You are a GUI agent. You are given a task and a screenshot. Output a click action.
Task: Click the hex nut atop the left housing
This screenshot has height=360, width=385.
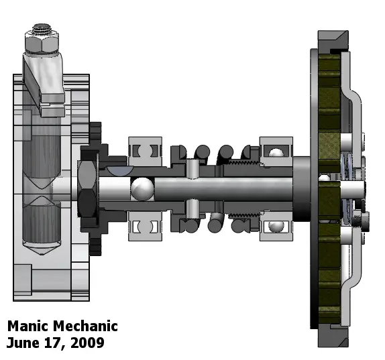[x=42, y=43]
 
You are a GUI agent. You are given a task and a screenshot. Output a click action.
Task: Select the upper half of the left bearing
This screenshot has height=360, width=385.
[x=145, y=152]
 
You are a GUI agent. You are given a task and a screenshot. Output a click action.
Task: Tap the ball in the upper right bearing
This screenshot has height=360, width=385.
[x=276, y=153]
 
